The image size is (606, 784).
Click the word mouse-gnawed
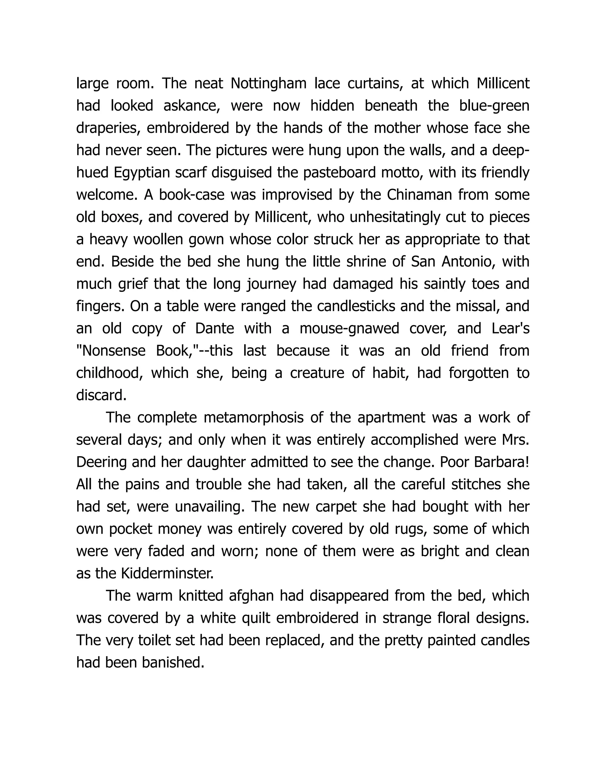point(349,328)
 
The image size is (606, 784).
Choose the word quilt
point(256,618)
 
